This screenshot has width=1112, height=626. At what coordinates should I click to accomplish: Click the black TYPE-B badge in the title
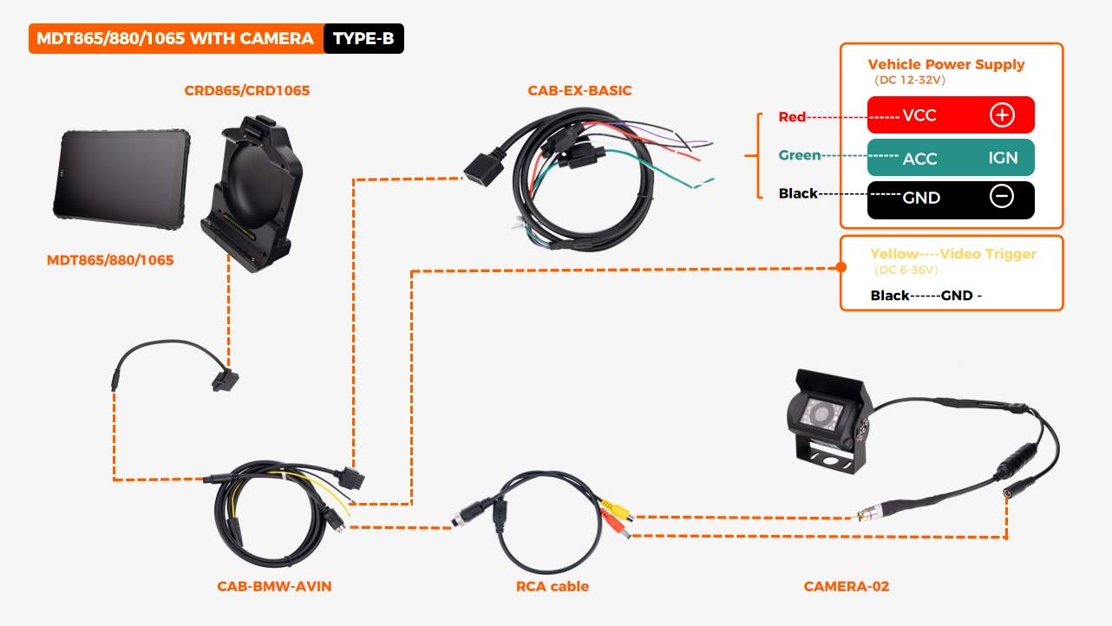click(363, 39)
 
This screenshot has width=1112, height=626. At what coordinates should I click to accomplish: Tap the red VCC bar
click(951, 115)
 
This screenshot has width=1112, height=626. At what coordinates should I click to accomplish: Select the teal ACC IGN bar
click(951, 158)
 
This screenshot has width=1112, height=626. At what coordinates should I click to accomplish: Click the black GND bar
click(951, 199)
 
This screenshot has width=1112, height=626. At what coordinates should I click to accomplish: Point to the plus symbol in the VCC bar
click(1001, 115)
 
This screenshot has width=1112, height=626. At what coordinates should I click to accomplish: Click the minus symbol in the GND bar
click(1001, 197)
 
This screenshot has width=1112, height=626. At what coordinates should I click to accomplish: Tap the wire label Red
click(792, 117)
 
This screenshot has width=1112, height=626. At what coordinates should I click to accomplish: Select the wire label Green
click(799, 156)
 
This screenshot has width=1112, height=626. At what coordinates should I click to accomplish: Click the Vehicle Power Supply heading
click(945, 64)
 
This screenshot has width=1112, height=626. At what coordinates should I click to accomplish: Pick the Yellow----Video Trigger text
click(952, 254)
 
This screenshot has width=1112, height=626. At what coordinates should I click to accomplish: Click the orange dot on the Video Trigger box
click(840, 268)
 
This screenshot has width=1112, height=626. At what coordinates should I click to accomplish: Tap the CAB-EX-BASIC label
click(579, 90)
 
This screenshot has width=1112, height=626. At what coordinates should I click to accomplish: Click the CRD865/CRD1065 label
click(246, 90)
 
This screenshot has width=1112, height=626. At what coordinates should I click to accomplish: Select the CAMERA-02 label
click(846, 587)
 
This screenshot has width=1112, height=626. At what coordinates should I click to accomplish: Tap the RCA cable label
click(552, 587)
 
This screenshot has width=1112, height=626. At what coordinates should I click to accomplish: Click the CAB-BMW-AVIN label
click(274, 587)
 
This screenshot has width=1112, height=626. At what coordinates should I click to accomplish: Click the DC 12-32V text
click(909, 80)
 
